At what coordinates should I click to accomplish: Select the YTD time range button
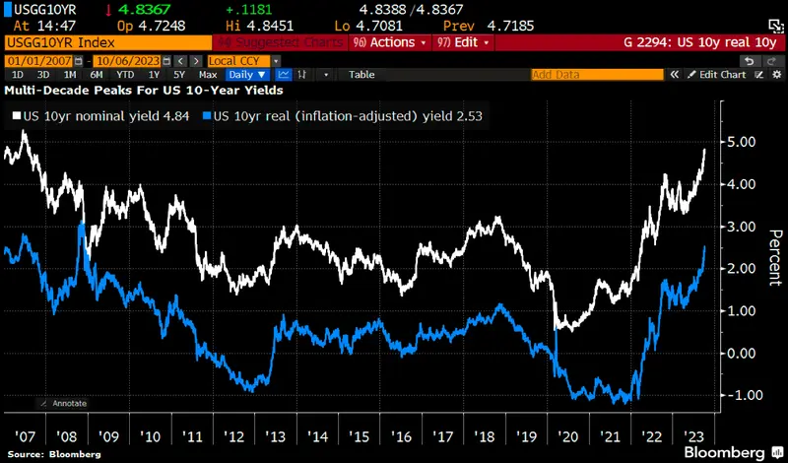coord(124,75)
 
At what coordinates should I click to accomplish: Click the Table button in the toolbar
coord(361,75)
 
